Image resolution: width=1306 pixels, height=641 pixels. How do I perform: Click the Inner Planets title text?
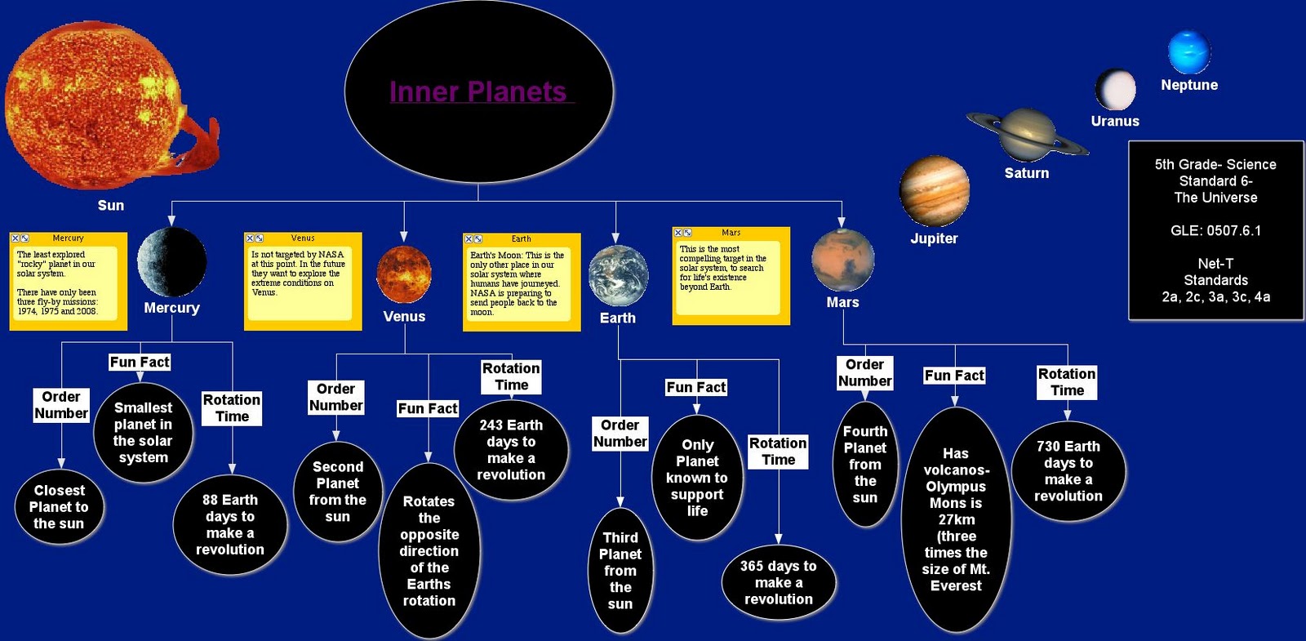pos(478,91)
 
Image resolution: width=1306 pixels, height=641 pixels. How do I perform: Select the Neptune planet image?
pos(1188,52)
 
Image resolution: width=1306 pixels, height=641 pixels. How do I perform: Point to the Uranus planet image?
pos(1115,89)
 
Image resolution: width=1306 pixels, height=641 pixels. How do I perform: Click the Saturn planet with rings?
pos(1027,134)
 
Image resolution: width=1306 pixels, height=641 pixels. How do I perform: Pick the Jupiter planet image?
pos(934,191)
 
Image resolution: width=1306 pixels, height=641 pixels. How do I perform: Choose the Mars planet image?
pos(842,260)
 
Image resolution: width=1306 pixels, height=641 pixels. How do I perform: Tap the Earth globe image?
pos(618,276)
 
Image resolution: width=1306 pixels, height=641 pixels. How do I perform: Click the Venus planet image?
pos(404,274)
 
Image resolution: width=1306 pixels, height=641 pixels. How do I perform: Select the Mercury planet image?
pos(171,262)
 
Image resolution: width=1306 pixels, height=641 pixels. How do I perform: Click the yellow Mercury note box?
pos(68,282)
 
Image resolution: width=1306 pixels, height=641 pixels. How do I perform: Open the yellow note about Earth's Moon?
pos(521,283)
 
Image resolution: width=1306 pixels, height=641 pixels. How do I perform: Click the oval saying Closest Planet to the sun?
pos(60,507)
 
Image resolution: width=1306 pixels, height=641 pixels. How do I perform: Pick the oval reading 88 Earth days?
pos(230,524)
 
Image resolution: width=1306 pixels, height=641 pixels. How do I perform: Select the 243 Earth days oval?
pos(511,449)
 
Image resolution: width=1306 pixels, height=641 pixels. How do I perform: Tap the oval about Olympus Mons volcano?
pos(956,519)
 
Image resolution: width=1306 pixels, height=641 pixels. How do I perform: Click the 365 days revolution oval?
pos(779,582)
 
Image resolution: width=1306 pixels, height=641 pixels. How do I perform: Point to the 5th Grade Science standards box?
pos(1215,230)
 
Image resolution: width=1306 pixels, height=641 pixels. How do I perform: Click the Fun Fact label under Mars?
pos(954,376)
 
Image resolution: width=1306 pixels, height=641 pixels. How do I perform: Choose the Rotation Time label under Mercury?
pos(232,407)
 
